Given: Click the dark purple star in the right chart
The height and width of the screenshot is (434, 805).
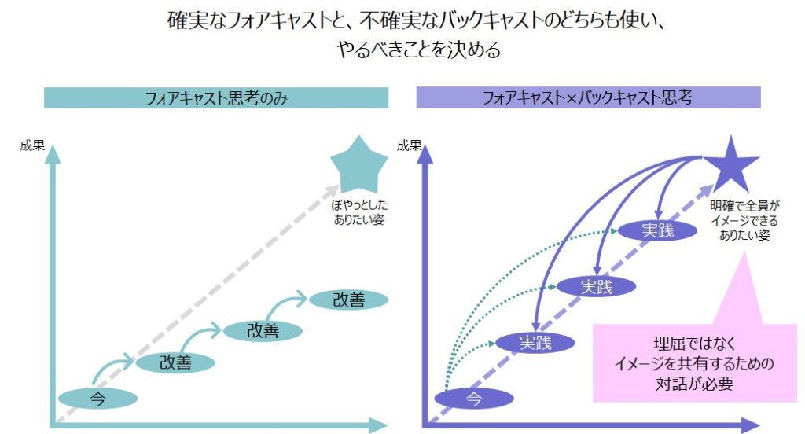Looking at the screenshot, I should pos(730,163).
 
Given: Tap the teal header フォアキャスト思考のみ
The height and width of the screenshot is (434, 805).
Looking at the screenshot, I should pos(216,98).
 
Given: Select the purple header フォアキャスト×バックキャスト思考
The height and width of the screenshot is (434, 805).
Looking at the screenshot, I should pos(588,98).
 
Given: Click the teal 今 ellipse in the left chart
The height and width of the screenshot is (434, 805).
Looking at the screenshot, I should pos(97,399).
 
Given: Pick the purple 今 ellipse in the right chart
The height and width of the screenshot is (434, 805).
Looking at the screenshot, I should pos(473,399).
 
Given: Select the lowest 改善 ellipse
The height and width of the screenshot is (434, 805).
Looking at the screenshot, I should pos(175,362).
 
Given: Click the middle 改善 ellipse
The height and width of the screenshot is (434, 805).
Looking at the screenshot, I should pos(263,331).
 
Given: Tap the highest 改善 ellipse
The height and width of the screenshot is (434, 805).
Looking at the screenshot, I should pos(348,300).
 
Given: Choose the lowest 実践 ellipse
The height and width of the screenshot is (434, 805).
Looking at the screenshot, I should pos(535,343).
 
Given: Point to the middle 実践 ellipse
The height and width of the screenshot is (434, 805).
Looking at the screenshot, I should pos(596,287).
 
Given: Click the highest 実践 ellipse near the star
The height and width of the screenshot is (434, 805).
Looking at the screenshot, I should pos(657,230).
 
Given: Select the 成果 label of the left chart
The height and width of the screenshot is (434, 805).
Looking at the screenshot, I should pos(32,145).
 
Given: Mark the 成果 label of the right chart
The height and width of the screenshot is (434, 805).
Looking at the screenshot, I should pos(409,145).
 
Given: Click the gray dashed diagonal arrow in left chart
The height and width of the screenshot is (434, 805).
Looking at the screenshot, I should pos(204,299).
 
